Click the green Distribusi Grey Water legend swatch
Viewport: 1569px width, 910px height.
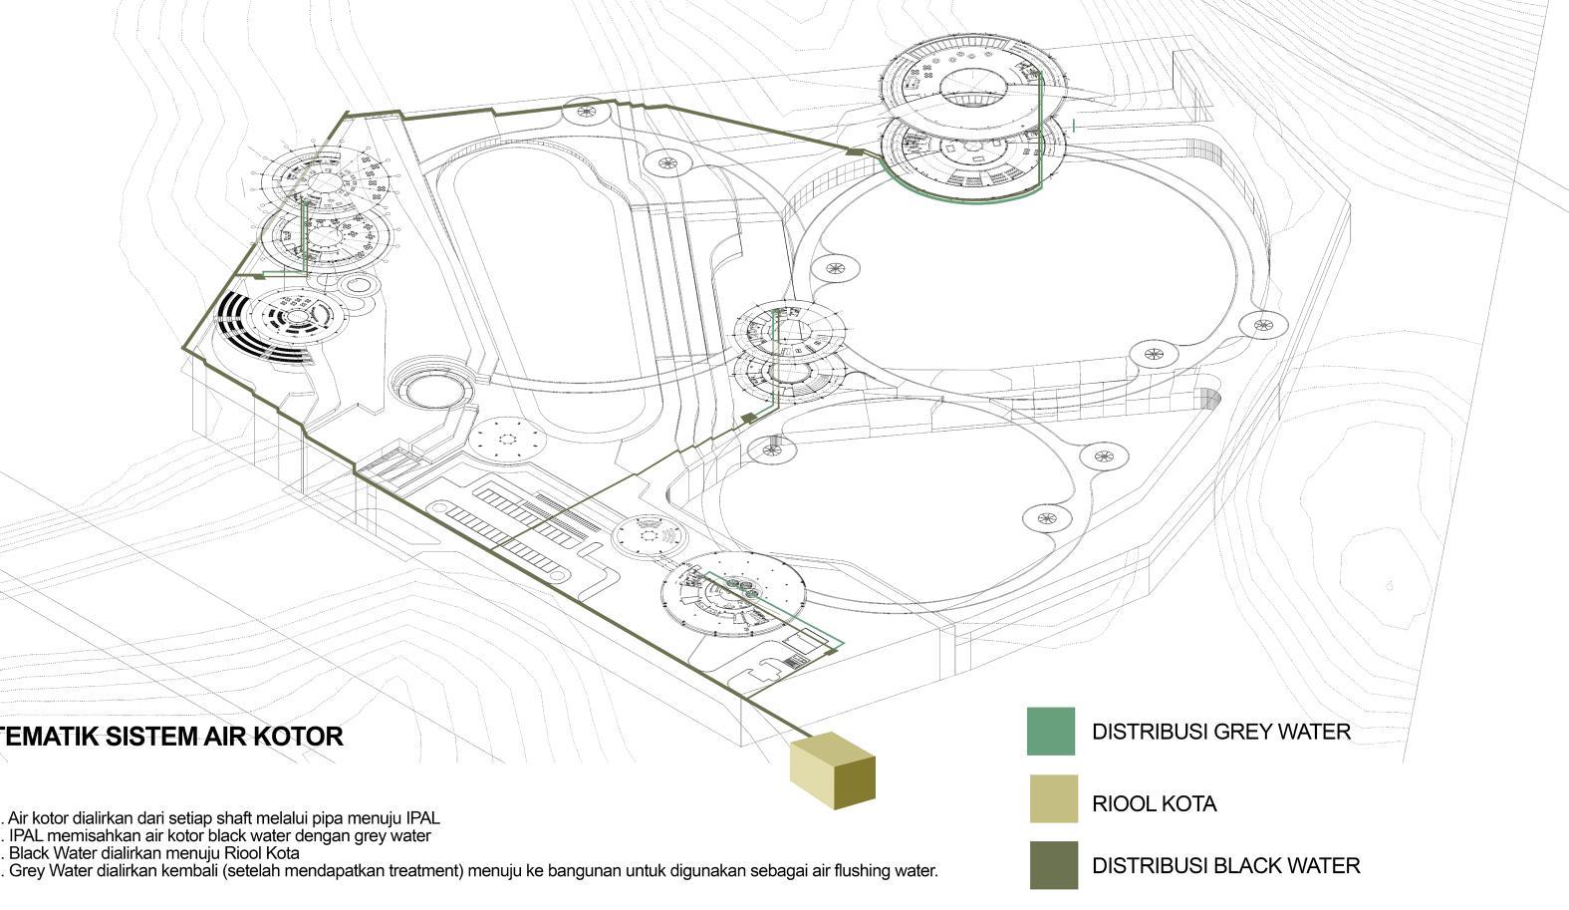tap(1051, 731)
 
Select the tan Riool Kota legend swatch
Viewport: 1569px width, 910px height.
tap(1053, 798)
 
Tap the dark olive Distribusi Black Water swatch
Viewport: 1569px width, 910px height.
tap(1053, 865)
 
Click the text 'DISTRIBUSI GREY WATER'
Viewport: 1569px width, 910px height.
tap(1220, 732)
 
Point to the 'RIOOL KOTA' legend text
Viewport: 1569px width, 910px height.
tap(1154, 804)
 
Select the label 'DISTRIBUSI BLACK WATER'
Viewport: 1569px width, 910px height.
tap(1225, 866)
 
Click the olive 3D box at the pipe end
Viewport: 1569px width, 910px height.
tap(832, 770)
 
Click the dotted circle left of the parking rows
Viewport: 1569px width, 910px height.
tap(507, 439)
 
